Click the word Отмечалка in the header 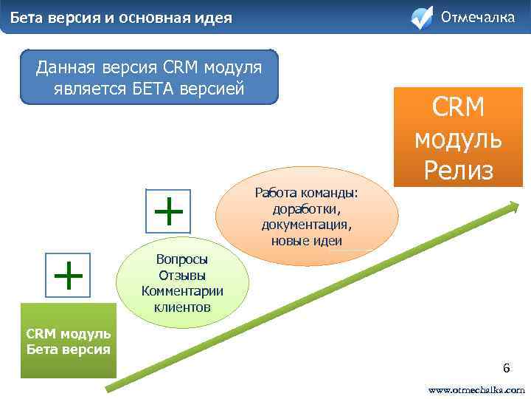coord(477,17)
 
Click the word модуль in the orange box coord(458,138)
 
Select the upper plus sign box coord(170,211)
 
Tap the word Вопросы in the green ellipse coord(182,259)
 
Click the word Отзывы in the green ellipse coord(181,275)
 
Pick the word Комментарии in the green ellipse coord(182,290)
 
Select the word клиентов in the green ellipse coord(182,306)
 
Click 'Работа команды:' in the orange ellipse coord(306,193)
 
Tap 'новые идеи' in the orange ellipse coord(306,241)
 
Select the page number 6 coord(506,368)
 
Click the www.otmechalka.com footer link coord(477,389)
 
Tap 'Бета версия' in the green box coord(68,349)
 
